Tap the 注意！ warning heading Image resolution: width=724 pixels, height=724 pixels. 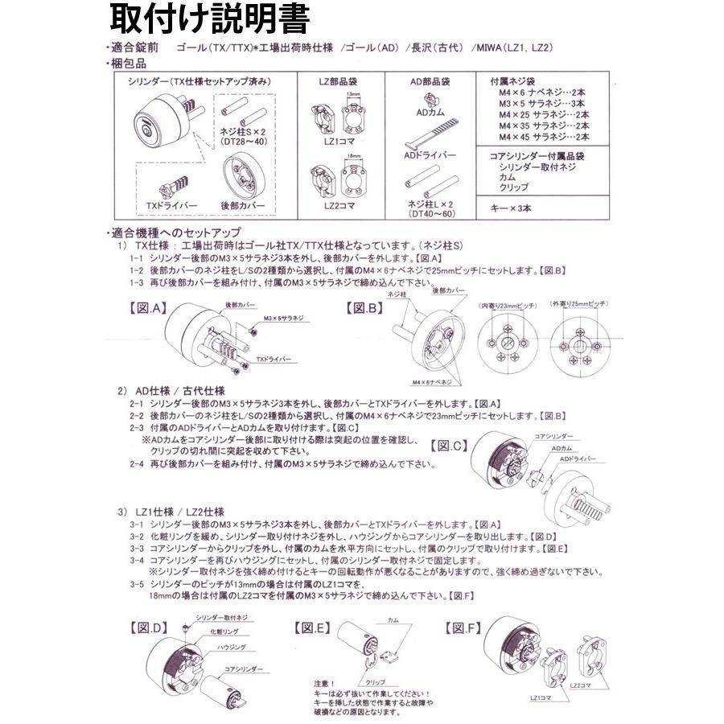[x=307, y=683]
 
